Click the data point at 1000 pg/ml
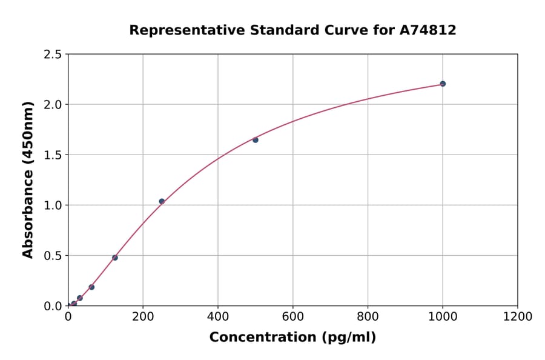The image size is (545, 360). click(443, 84)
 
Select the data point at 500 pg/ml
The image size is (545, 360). click(255, 140)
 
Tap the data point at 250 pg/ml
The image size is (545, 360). click(162, 201)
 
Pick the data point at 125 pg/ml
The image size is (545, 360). click(115, 258)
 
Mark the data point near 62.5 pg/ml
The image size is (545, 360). click(91, 287)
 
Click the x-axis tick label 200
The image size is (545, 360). click(143, 317)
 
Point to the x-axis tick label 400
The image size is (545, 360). click(218, 317)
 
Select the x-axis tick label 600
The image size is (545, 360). click(292, 317)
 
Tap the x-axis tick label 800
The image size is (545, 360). click(368, 317)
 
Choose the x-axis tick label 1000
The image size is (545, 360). click(443, 317)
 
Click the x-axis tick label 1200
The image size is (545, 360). click(518, 317)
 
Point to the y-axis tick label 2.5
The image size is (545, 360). click(53, 55)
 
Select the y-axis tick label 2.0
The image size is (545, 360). click(53, 105)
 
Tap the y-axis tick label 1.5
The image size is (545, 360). click(53, 155)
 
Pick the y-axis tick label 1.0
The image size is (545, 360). click(53, 205)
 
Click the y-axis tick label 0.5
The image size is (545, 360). click(53, 256)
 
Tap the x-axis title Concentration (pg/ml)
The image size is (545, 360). click(292, 338)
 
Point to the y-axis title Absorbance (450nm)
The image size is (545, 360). click(28, 180)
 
